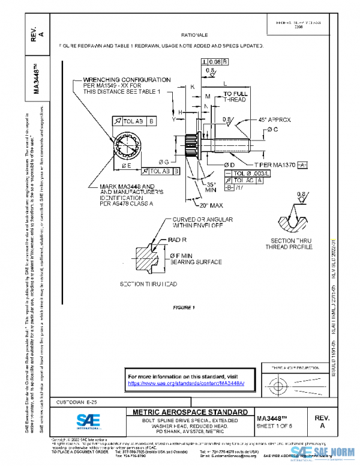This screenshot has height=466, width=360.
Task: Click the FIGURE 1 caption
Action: (184, 307)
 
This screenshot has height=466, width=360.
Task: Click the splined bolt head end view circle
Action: (129, 146)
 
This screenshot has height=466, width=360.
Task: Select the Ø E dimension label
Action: (127, 165)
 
